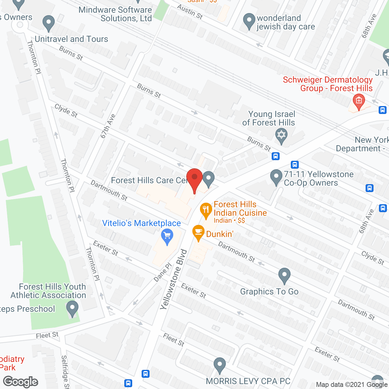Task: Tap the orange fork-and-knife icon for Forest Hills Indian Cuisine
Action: click(x=206, y=210)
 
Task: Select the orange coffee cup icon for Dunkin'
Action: click(x=198, y=232)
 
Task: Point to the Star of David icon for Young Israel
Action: click(x=281, y=136)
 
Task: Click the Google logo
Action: click(x=21, y=382)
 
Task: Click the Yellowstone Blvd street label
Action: click(x=174, y=279)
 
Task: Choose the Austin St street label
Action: click(x=190, y=12)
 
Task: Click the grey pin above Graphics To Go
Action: click(x=284, y=276)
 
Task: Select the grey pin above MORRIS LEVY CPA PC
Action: click(x=219, y=365)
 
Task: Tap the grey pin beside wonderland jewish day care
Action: click(x=249, y=21)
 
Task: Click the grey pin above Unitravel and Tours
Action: click(x=48, y=23)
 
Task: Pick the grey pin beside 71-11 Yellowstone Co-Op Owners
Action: click(x=276, y=177)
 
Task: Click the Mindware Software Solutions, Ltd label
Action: click(x=115, y=14)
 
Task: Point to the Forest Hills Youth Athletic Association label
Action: click(x=48, y=291)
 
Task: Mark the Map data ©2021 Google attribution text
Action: click(x=352, y=384)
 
